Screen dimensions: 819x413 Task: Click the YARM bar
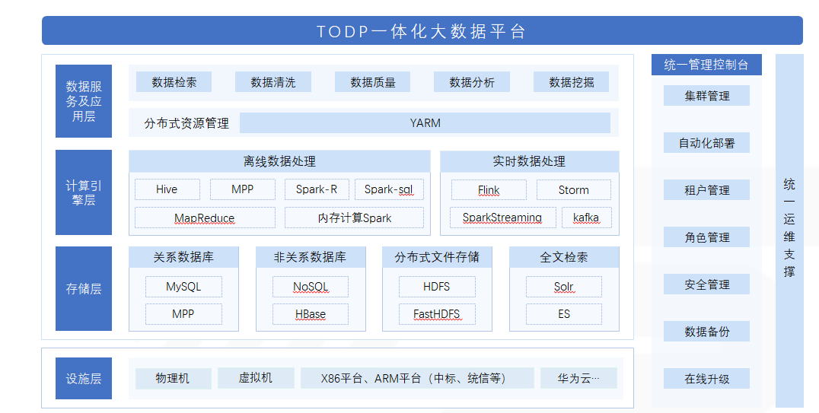pos(425,123)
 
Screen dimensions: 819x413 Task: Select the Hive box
pos(167,189)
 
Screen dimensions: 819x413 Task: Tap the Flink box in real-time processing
pos(489,190)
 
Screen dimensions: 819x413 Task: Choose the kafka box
pos(586,218)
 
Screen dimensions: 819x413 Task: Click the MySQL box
pos(183,287)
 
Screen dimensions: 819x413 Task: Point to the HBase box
pos(311,314)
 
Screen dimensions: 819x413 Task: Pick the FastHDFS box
pos(437,314)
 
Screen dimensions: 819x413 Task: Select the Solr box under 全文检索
pos(563,287)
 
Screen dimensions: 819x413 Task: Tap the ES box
pos(563,314)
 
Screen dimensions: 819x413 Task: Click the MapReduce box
pos(205,218)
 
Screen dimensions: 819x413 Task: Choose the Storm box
pos(573,190)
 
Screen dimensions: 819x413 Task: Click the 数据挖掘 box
pos(571,82)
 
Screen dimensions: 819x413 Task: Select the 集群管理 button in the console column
pos(706,96)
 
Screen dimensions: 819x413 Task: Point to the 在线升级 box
pos(706,379)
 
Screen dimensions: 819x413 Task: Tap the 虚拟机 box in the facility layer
pos(256,378)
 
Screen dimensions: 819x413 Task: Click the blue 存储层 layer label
pos(84,289)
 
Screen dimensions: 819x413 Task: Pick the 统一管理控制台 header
pos(706,65)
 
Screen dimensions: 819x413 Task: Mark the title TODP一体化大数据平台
pos(422,31)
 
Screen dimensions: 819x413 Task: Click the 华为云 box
pos(578,378)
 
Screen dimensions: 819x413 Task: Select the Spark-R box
pos(317,189)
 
